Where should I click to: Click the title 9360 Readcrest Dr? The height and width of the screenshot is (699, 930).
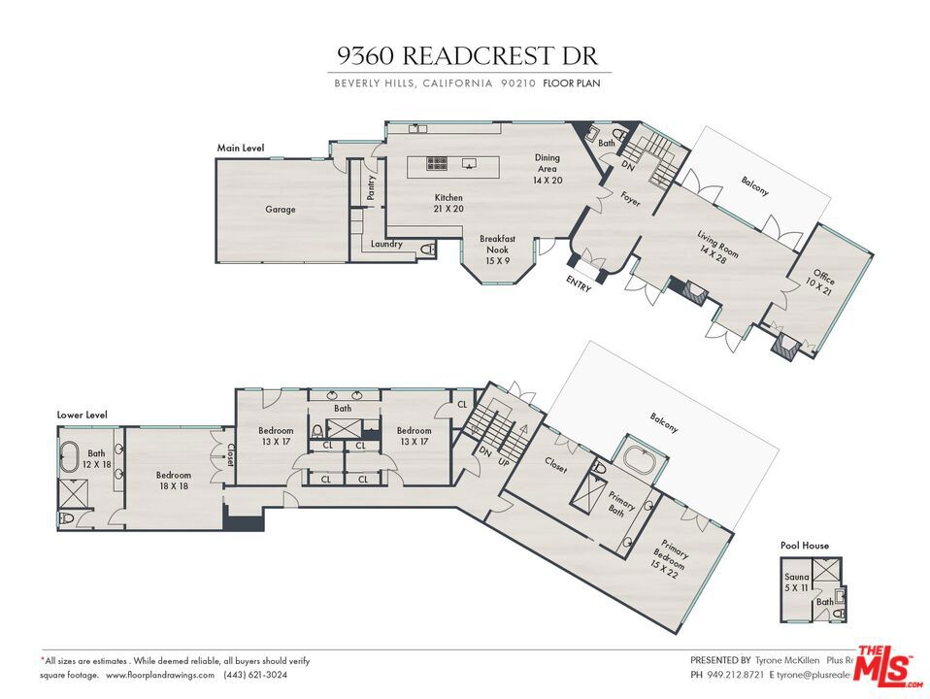click(469, 55)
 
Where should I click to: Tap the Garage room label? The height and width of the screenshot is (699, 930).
click(281, 210)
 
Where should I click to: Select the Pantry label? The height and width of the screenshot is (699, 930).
click(372, 187)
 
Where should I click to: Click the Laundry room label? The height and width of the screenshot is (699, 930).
click(386, 244)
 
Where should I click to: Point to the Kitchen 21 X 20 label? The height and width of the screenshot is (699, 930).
click(448, 203)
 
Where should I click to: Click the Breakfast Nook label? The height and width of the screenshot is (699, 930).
click(497, 249)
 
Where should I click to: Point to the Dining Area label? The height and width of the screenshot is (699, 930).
click(548, 168)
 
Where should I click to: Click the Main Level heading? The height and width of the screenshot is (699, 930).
click(241, 149)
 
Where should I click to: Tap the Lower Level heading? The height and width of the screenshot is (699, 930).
click(82, 415)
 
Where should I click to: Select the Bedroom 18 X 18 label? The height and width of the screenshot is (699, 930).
click(173, 482)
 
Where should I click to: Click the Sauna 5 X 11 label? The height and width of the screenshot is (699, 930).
click(797, 582)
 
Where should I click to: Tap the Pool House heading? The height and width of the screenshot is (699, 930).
click(805, 546)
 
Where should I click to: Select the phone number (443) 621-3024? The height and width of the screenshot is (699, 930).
click(254, 675)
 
